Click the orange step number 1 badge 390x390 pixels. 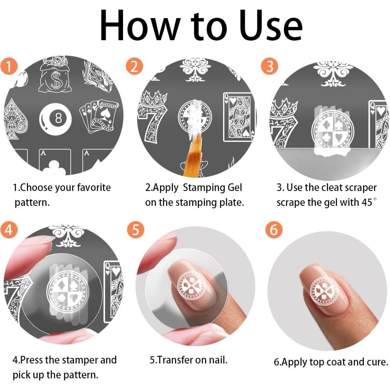(x=9, y=66)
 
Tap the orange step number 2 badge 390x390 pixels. (x=134, y=66)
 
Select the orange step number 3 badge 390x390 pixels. (x=269, y=66)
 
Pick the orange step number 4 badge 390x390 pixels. (x=9, y=230)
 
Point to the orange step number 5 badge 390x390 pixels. (x=135, y=230)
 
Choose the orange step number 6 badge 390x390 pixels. (x=274, y=230)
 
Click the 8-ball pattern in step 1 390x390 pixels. (x=55, y=119)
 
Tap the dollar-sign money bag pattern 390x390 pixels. (x=56, y=75)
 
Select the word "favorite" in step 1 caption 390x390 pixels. (x=94, y=187)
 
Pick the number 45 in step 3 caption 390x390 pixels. (x=367, y=202)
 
